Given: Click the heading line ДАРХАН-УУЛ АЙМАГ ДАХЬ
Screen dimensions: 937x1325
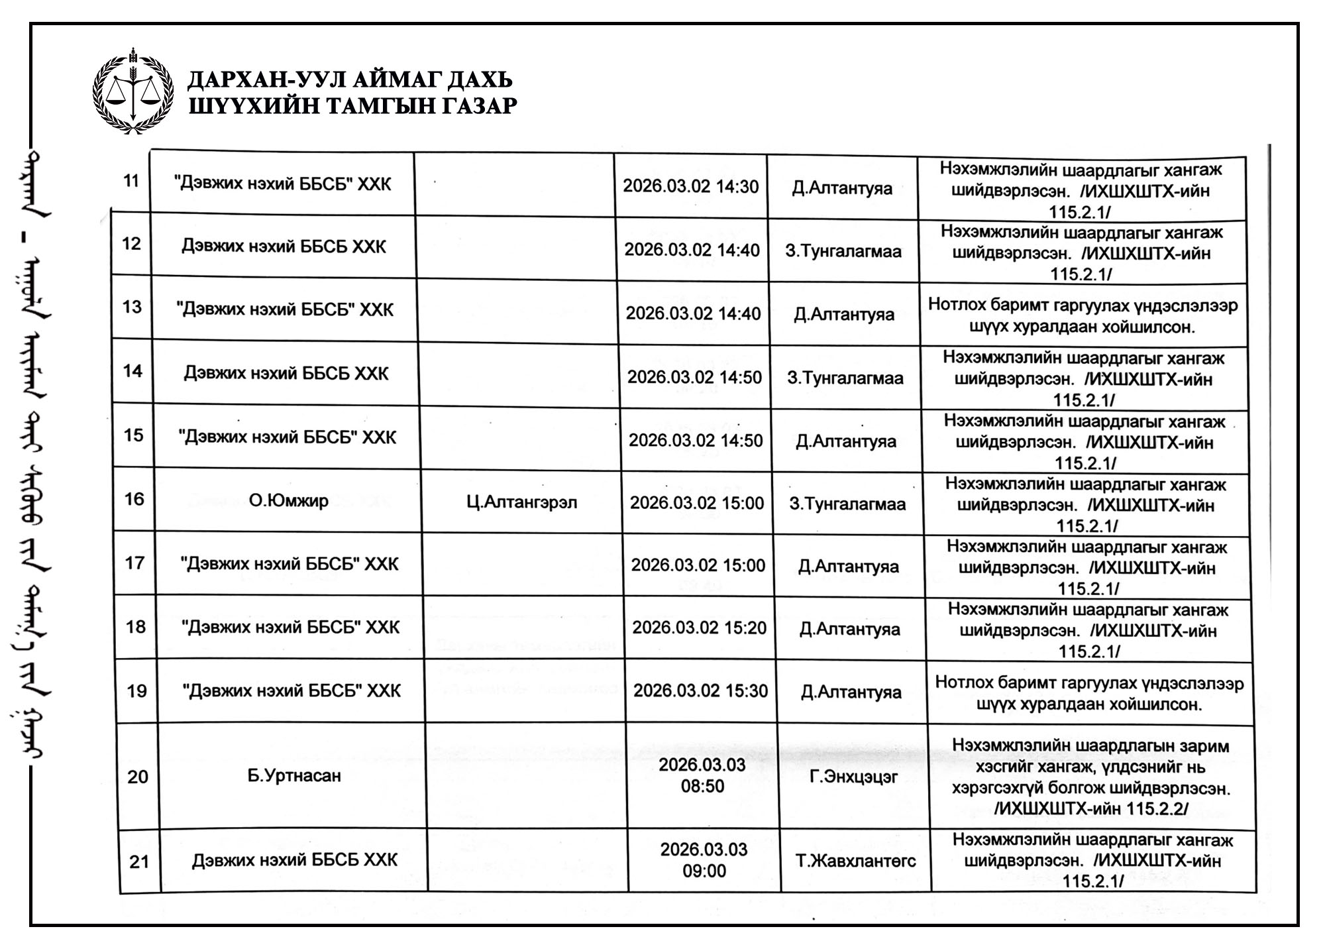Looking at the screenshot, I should click(x=350, y=80).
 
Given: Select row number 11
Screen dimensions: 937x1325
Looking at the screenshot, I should click(x=131, y=181).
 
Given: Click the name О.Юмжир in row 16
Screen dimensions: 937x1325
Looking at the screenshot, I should click(x=289, y=500).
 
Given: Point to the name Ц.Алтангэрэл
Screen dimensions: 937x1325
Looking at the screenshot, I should click(x=522, y=502).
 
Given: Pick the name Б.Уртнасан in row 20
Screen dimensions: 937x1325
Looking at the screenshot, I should click(x=294, y=775).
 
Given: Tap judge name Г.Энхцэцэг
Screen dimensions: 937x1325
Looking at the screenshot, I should click(x=853, y=776).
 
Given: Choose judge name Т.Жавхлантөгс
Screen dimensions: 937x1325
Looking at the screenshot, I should click(x=856, y=861).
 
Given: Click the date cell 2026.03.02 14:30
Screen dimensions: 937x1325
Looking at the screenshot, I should click(x=690, y=187).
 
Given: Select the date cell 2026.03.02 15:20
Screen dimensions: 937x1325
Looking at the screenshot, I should click(x=699, y=628).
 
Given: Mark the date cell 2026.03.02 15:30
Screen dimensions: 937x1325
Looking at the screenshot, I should click(x=700, y=690).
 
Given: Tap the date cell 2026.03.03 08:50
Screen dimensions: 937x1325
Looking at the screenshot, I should click(x=702, y=775).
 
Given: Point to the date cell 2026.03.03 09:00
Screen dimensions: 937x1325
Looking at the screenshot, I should click(x=704, y=860).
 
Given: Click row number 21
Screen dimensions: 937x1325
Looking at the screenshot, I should click(x=139, y=861).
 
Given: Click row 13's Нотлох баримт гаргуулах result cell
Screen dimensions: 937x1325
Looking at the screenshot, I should click(x=1083, y=316).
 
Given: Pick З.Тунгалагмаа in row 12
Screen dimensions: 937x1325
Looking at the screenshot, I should click(x=843, y=252).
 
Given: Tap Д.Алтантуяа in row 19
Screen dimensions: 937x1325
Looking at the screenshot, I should click(x=851, y=692).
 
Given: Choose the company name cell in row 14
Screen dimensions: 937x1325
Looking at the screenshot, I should click(x=286, y=374).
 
